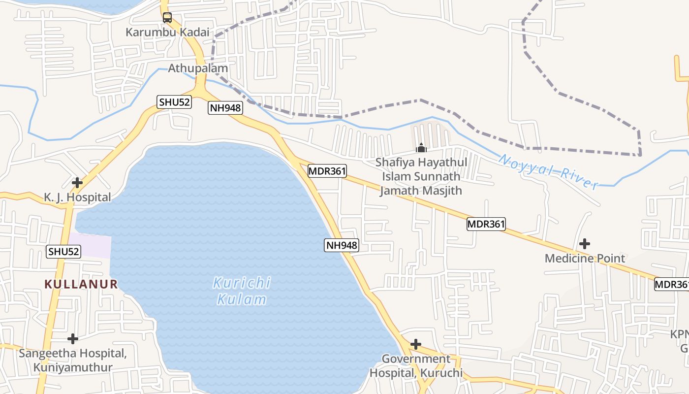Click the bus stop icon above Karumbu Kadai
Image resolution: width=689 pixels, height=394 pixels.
[167, 18]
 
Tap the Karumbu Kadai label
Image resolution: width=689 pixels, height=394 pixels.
[167, 32]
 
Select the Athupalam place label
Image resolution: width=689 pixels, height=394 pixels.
[198, 68]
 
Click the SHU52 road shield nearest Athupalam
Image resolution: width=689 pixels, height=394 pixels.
[174, 102]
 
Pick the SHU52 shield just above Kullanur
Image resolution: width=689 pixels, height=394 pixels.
[63, 252]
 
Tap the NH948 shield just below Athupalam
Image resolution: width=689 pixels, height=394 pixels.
[225, 108]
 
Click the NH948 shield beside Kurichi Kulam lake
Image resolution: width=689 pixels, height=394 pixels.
[341, 245]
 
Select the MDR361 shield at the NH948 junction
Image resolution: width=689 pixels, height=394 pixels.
[327, 171]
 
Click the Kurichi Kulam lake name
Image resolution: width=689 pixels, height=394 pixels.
[242, 291]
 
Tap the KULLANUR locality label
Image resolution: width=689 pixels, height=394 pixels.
[81, 284]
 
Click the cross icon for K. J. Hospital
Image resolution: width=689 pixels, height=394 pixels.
[77, 183]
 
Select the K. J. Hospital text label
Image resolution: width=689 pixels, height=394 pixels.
[77, 197]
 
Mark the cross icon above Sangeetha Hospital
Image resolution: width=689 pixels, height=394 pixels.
[73, 339]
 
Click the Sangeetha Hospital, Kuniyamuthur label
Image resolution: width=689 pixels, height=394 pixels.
[73, 361]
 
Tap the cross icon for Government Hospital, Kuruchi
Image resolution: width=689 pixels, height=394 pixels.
[416, 344]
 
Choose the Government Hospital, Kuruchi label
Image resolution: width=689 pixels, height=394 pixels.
[416, 366]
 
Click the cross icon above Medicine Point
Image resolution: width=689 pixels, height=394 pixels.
[585, 243]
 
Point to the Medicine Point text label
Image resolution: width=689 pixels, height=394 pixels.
[585, 259]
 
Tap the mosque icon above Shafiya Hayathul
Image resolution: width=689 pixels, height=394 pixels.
[421, 147]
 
